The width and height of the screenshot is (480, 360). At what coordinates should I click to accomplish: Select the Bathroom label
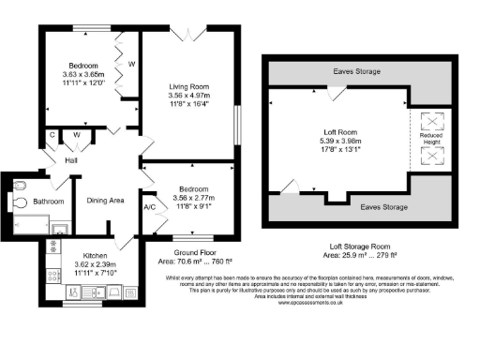50,202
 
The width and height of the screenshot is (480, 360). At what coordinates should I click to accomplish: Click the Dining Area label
107,200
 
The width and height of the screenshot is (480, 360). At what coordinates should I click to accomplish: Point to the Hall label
71,160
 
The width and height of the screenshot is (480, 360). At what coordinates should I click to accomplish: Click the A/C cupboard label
149,207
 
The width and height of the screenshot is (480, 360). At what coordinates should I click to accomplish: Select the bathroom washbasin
58,226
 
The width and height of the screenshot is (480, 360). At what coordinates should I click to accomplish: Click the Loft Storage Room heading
360,246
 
